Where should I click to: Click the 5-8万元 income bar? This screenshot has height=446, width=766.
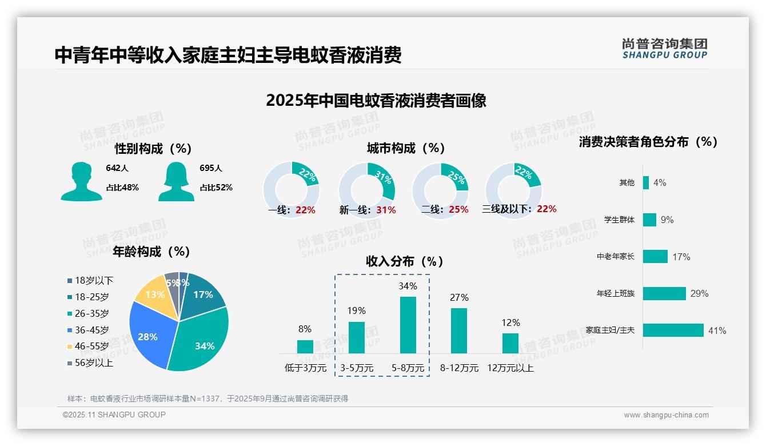pyautogui.click(x=408, y=325)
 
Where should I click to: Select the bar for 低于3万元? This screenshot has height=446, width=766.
pyautogui.click(x=305, y=347)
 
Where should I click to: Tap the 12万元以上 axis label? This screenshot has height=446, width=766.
pyautogui.click(x=510, y=368)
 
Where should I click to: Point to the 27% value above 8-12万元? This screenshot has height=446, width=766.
pyautogui.click(x=459, y=297)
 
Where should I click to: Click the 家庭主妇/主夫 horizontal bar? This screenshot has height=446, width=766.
pyautogui.click(x=673, y=330)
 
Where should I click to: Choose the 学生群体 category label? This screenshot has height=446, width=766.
pyautogui.click(x=619, y=220)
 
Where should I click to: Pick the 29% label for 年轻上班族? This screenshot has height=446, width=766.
pyautogui.click(x=699, y=293)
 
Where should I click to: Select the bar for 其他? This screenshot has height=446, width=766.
pyautogui.click(x=646, y=182)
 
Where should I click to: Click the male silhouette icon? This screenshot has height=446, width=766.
pyautogui.click(x=81, y=182)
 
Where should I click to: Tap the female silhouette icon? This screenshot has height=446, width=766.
pyautogui.click(x=176, y=182)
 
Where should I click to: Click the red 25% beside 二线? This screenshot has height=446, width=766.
pyautogui.click(x=458, y=210)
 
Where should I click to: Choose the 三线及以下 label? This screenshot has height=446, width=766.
pyautogui.click(x=506, y=209)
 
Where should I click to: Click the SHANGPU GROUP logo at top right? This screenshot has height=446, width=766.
pyautogui.click(x=664, y=48)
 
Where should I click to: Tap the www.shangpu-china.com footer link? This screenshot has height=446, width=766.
pyautogui.click(x=666, y=415)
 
